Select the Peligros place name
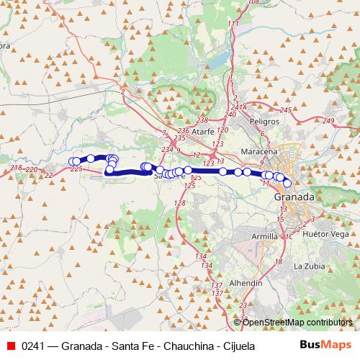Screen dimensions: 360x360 264,122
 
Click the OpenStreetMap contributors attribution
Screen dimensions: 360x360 297,323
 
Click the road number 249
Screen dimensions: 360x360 330,120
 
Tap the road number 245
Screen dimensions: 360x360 286,109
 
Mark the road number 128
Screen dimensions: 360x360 180,204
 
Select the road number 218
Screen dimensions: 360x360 17,168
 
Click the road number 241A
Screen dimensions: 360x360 240,107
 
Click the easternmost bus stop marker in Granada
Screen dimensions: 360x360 287,183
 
